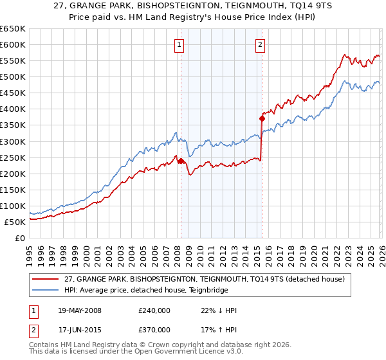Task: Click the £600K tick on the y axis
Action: click(x=13, y=44)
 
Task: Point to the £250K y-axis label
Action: click(x=13, y=157)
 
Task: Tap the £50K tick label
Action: click(x=15, y=222)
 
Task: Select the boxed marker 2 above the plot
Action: click(x=260, y=44)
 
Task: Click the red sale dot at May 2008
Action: click(x=181, y=161)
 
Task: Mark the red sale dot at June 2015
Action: click(x=262, y=118)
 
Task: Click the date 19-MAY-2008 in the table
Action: click(x=79, y=310)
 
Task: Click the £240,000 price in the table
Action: click(x=154, y=310)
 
